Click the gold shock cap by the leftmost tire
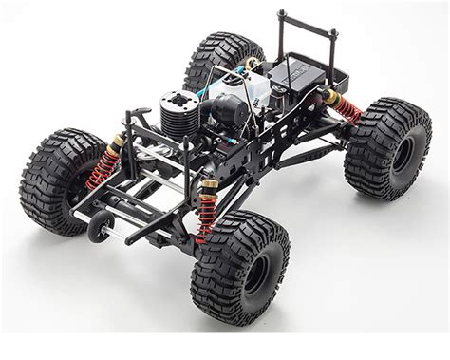(117, 142)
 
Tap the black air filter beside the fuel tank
(227, 115)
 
